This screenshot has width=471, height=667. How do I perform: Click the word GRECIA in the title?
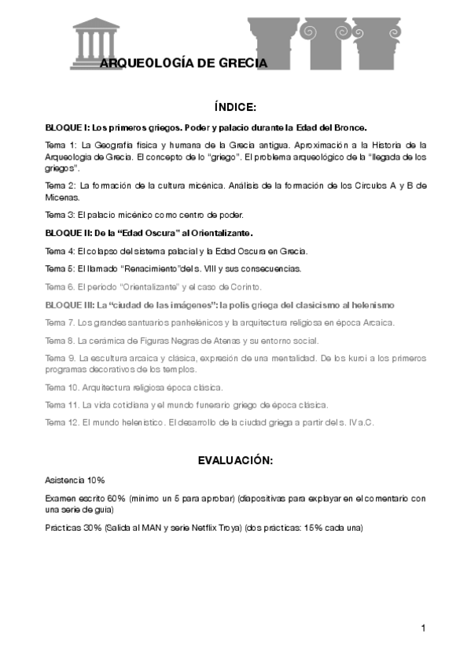(240, 63)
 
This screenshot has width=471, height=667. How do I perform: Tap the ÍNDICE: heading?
(235, 107)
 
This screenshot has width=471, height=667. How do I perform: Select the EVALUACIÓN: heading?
(235, 460)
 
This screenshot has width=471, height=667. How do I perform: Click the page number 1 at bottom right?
(423, 628)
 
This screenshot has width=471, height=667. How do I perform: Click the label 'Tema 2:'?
(61, 186)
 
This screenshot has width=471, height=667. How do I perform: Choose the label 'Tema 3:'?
(61, 215)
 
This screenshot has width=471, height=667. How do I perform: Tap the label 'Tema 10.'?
(63, 387)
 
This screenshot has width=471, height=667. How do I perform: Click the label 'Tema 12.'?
(63, 422)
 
